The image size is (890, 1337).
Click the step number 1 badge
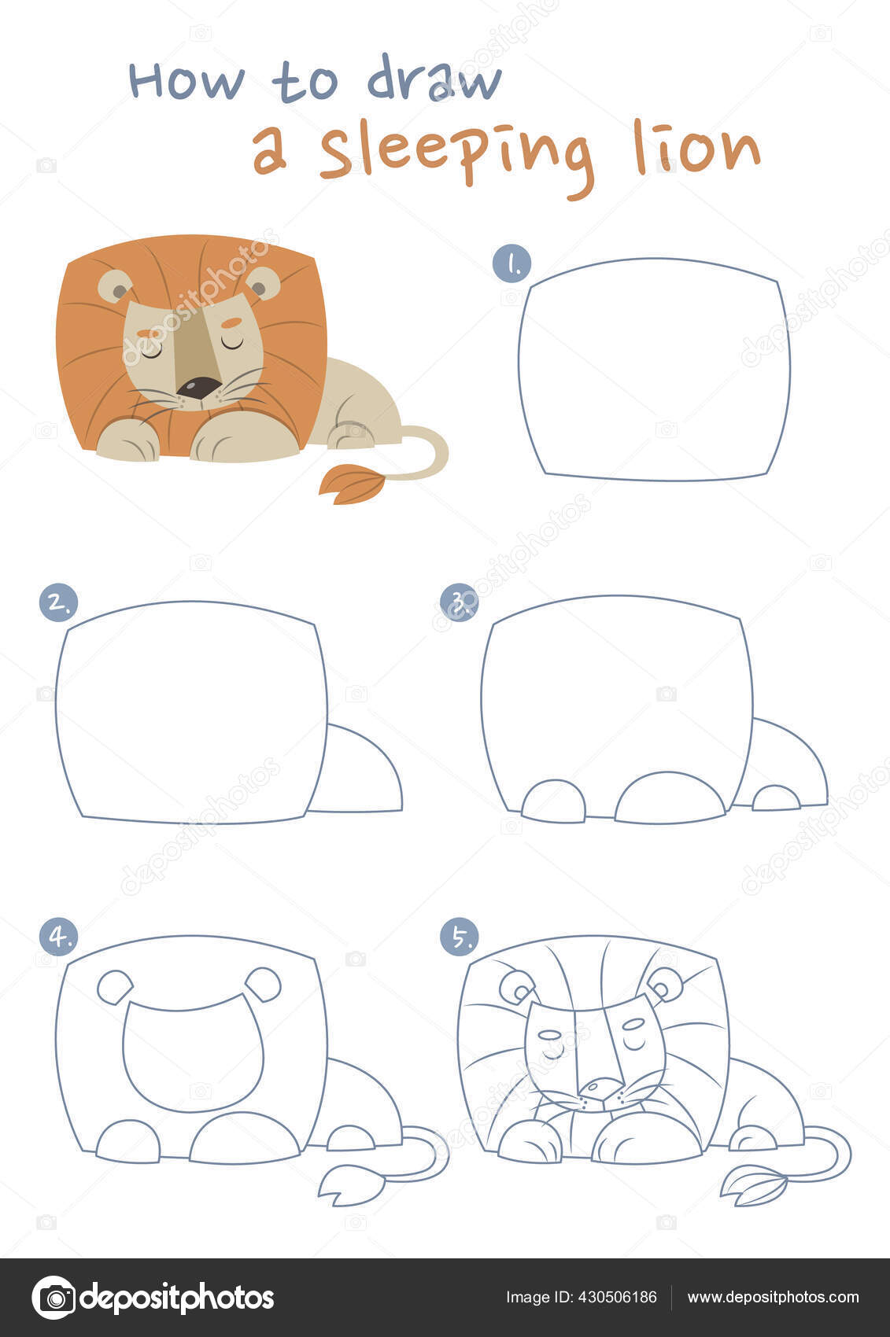coord(512,263)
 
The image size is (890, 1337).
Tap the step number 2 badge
coord(58,602)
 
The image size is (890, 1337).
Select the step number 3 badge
coord(460,602)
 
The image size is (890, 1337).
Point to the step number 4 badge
coord(58,937)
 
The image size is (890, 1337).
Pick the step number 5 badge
coord(460,937)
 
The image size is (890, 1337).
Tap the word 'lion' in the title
coord(696,147)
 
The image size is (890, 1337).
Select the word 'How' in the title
coord(187,80)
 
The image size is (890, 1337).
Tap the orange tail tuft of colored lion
coord(352,484)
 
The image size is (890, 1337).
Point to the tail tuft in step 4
coord(351,1184)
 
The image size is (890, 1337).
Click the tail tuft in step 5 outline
coord(754,1184)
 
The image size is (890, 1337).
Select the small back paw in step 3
coord(776,798)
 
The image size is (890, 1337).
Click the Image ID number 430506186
coord(617,1297)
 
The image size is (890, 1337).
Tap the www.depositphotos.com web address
coord(774,1297)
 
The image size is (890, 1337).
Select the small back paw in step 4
coord(351,1138)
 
